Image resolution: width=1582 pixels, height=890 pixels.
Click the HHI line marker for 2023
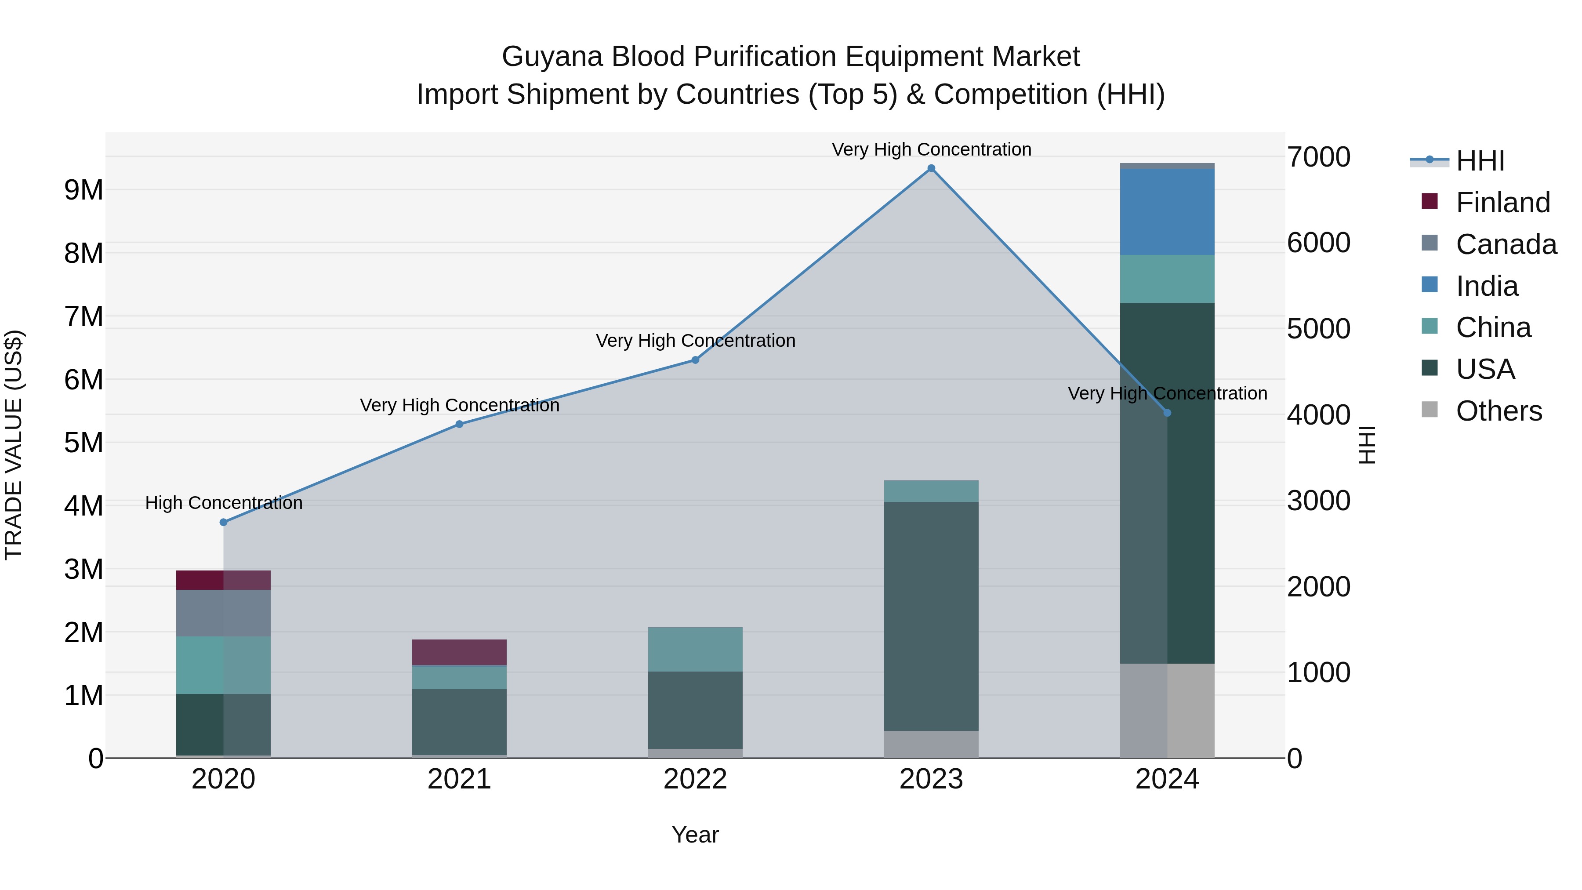click(931, 168)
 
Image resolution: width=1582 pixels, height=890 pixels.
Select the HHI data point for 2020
click(224, 522)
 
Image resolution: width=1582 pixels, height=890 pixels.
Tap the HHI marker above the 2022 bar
click(695, 360)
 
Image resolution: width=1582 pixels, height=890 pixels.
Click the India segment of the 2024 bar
click(1167, 212)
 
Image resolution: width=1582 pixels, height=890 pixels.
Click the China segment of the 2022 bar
click(695, 649)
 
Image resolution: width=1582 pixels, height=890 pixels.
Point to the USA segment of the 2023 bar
click(931, 616)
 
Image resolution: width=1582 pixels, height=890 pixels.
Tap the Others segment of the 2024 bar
click(1167, 711)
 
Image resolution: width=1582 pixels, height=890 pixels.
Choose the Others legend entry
click(1499, 411)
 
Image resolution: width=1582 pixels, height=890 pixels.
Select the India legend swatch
click(1430, 285)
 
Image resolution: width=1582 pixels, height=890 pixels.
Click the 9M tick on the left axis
click(83, 190)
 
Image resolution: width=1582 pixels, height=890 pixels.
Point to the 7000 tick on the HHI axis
click(1318, 157)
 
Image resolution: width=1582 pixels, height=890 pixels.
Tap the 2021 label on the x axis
click(459, 779)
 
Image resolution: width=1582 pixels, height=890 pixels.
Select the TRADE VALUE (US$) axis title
click(14, 445)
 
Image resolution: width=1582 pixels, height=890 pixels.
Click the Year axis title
click(695, 835)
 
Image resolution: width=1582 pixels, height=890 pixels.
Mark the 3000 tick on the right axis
click(1318, 501)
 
